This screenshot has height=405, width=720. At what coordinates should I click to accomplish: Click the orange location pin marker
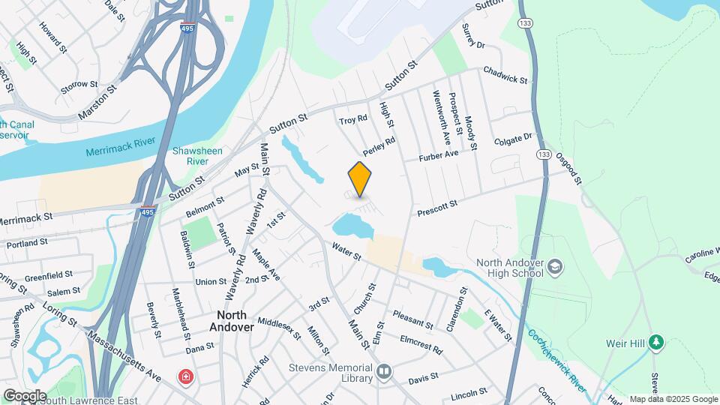(360, 178)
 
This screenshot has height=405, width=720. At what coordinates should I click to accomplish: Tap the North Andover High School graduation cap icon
(555, 265)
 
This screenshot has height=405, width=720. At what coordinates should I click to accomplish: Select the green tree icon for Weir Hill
(656, 343)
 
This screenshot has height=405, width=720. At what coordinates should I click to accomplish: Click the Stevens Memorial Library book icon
(384, 370)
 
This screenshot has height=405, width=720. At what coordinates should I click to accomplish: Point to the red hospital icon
(184, 376)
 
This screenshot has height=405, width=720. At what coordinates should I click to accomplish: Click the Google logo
(25, 395)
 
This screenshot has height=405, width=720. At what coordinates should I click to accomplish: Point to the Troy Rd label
(352, 120)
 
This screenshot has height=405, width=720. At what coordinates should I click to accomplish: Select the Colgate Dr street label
(513, 140)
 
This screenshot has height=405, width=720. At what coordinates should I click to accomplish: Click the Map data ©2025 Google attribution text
(672, 399)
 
